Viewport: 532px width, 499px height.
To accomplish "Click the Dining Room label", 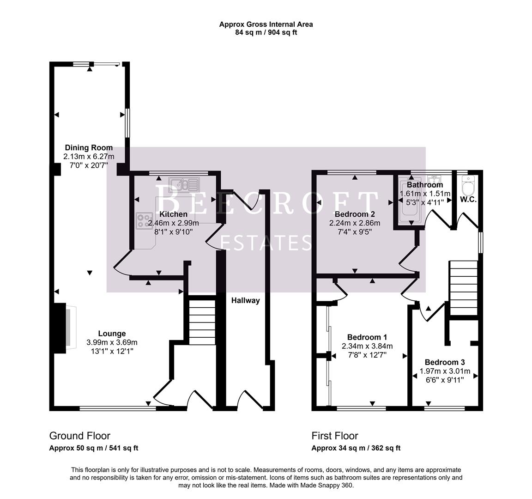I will [89, 148].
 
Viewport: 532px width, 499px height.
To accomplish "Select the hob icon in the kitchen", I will [145, 221].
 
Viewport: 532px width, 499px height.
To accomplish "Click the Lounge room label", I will [112, 334].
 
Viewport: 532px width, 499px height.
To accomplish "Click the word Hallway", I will [245, 300].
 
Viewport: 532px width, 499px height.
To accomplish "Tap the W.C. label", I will [468, 200].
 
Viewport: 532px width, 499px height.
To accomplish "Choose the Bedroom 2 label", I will [355, 214].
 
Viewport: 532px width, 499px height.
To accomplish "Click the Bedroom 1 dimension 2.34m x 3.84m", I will [367, 346].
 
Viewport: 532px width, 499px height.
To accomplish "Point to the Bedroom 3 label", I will [445, 362].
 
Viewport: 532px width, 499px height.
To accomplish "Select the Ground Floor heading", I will [80, 436].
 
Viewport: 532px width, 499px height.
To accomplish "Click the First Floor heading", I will [335, 436].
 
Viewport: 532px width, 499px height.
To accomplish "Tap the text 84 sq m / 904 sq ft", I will [266, 32].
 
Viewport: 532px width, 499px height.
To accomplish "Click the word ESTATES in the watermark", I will [266, 242].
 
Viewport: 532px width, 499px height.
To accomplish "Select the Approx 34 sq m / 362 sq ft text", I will [356, 448].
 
